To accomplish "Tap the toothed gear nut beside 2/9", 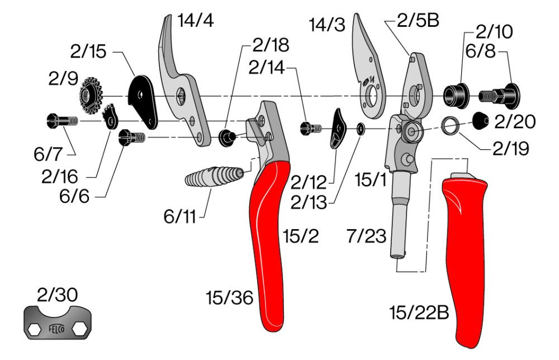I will (89, 96).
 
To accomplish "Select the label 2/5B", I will (418, 21).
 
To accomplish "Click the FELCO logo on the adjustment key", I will (58, 329).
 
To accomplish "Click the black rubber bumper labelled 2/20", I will (482, 120).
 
